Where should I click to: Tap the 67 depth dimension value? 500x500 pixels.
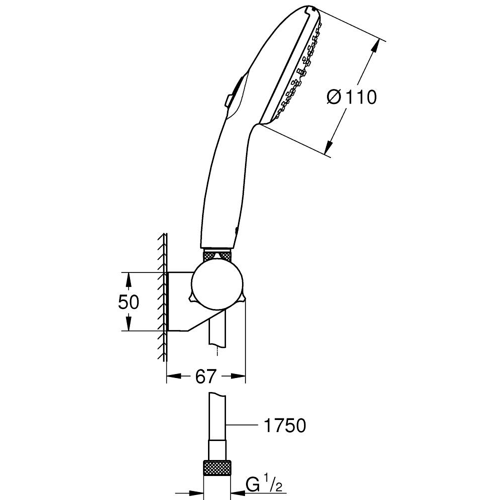205,376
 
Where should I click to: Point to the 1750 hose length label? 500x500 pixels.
283,425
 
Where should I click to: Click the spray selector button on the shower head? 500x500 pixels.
231,95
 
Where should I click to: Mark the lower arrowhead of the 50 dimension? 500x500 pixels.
128,324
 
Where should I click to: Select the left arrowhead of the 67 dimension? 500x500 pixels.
172,376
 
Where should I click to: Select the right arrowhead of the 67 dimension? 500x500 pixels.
239,376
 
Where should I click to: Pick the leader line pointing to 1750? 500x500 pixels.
242,425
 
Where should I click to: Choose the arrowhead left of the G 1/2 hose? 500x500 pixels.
197,491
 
